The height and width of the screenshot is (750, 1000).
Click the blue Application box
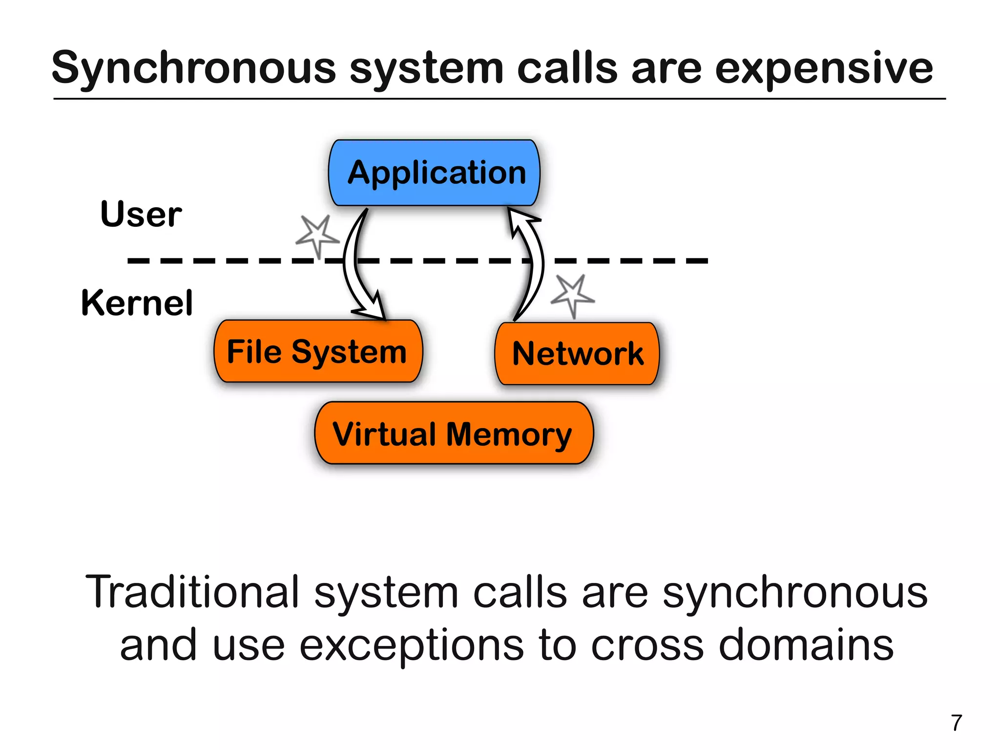click(x=434, y=172)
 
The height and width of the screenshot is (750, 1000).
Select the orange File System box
click(x=318, y=351)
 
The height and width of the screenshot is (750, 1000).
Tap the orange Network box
click(x=577, y=353)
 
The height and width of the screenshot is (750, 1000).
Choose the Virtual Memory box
click(x=454, y=433)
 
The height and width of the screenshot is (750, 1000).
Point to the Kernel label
click(x=137, y=303)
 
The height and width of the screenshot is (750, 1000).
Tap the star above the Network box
click(x=572, y=295)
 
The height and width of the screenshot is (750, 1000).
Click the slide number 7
click(x=956, y=723)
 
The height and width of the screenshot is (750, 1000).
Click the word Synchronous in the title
click(x=194, y=68)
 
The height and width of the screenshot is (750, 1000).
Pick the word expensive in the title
click(x=824, y=68)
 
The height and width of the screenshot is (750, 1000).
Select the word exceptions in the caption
click(x=412, y=644)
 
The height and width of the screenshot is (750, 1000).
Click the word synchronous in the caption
click(x=794, y=593)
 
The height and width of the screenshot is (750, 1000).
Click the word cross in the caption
click(x=647, y=644)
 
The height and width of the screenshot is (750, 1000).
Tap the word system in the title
click(x=426, y=68)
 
